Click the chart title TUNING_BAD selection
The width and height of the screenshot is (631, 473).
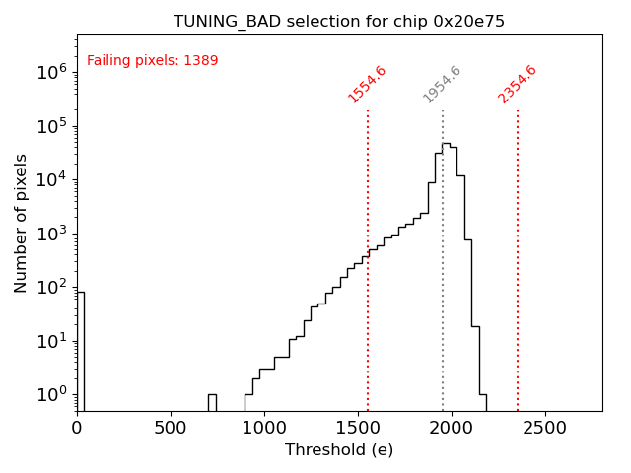tap(339, 22)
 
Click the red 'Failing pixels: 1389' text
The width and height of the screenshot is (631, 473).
tap(153, 61)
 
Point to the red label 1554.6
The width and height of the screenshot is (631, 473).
tap(367, 84)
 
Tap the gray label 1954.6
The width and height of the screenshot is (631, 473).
tap(442, 84)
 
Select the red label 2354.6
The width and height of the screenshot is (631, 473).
tap(517, 84)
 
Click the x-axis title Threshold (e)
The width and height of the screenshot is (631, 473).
tap(339, 450)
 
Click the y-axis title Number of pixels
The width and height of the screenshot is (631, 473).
tap(22, 223)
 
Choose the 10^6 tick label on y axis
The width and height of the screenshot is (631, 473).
tap(51, 72)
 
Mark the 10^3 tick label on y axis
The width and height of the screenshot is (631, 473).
tap(51, 234)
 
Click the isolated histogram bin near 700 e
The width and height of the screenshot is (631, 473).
tap(212, 402)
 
